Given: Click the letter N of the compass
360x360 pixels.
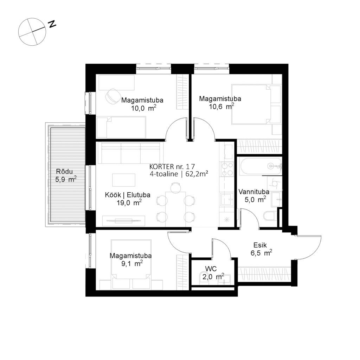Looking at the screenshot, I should pos(53,24).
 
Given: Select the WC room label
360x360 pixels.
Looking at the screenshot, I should pos(211,269).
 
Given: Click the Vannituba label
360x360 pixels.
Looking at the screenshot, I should pos(254,192).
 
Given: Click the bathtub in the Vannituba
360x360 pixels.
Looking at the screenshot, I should pos(260,166).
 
